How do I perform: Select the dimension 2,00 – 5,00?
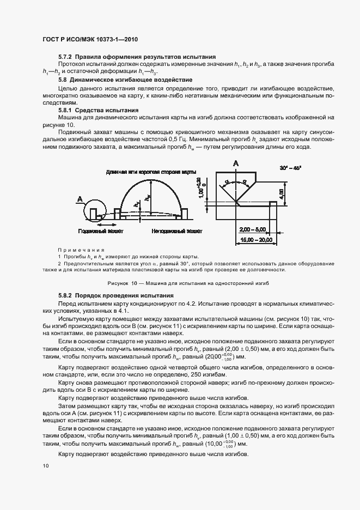point(254,230)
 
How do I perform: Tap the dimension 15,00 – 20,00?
point(254,240)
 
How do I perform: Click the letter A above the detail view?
point(236,163)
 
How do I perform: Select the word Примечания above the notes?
point(76,249)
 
